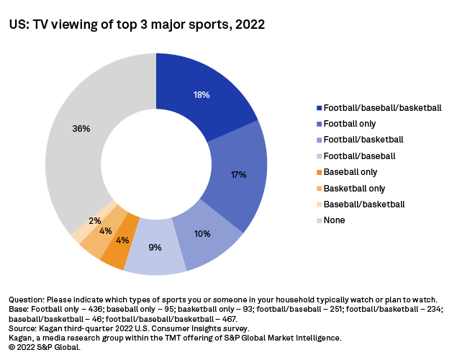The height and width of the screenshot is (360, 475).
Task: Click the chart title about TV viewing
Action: pyautogui.click(x=137, y=25)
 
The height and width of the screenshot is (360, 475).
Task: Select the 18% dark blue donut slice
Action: pyautogui.click(x=205, y=90)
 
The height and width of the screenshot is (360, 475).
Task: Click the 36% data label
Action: pyautogui.click(x=81, y=128)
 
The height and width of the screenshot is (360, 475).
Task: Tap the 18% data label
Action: pyautogui.click(x=202, y=94)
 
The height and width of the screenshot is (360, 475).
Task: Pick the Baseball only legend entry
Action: pyautogui.click(x=350, y=172)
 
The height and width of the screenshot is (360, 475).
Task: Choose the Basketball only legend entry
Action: pyautogui.click(x=355, y=188)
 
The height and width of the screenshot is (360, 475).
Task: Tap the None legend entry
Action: pyautogui.click(x=335, y=220)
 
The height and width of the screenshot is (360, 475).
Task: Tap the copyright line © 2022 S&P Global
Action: pyautogui.click(x=45, y=346)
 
